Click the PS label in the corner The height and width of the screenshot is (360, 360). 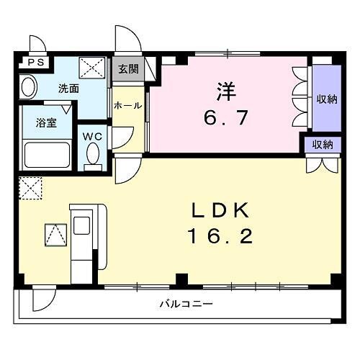coord(35,63)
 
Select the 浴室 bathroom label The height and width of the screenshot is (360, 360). coord(39,122)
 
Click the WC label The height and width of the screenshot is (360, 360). coord(92,135)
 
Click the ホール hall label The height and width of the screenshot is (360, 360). coord(128,105)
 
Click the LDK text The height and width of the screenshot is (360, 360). coord(220,210)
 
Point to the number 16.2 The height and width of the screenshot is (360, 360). coord(220,235)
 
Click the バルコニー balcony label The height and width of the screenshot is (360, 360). coord(186,304)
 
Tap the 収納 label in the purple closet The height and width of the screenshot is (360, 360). coord(325,99)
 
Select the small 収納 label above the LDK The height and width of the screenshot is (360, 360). coord(322,144)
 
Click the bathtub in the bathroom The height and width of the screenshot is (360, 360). coord(47,154)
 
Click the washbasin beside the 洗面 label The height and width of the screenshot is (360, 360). coord(28,89)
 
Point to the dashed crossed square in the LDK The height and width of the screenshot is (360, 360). coord(31,189)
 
